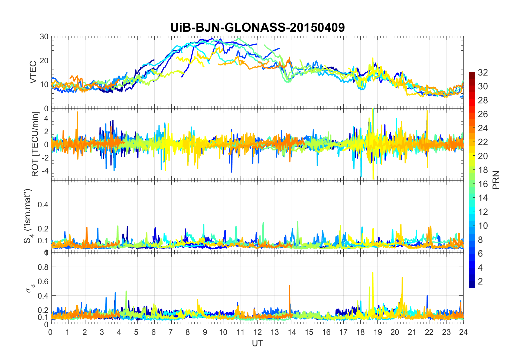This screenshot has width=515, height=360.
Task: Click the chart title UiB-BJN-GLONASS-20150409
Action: pyautogui.click(x=257, y=27)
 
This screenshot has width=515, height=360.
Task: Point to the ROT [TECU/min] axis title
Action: pyautogui.click(x=35, y=144)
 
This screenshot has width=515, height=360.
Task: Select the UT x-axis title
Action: pyautogui.click(x=257, y=343)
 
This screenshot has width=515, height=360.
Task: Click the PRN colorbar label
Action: pyautogui.click(x=496, y=180)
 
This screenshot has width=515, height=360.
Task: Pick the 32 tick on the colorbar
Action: pyautogui.click(x=483, y=72)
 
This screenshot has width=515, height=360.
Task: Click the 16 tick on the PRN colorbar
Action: pyautogui.click(x=483, y=184)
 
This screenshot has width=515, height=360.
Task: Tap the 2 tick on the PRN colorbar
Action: pyautogui.click(x=480, y=282)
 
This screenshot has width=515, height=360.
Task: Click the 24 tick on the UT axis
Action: pyautogui.click(x=463, y=332)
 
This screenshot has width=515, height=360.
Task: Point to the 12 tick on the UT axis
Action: pyautogui.click(x=257, y=332)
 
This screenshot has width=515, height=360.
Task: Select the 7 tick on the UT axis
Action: pyautogui.click(x=171, y=332)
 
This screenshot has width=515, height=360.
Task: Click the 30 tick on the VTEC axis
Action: pyautogui.click(x=44, y=37)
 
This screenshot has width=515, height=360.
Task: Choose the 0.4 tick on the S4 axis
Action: pyautogui.click(x=43, y=204)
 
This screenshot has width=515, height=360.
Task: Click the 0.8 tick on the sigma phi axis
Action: pyautogui.click(x=43, y=267)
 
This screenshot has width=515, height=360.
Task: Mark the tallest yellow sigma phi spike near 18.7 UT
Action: pyautogui.click(x=373, y=273)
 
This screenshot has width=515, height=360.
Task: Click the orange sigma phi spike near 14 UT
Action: pyautogui.click(x=289, y=286)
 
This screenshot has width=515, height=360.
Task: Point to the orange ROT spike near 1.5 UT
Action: pyautogui.click(x=77, y=112)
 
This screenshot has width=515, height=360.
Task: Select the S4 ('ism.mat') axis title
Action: pyautogui.click(x=29, y=216)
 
